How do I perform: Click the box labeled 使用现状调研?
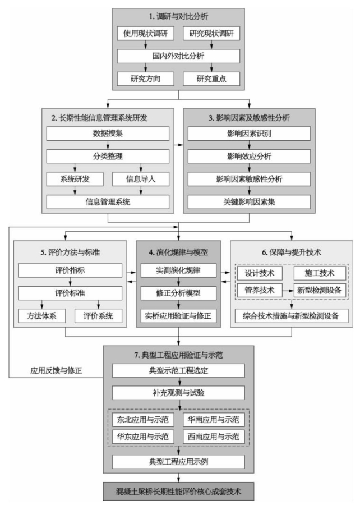coord(145,33)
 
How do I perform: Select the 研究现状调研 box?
coord(211,33)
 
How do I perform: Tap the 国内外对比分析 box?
coord(178,56)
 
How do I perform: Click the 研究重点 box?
coord(211,79)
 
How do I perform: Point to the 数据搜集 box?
coord(108,134)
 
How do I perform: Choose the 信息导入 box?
coord(141,179)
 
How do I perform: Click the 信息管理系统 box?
coord(108,202)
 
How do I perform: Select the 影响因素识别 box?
coord(250,134)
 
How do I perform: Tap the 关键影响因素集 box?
coord(250,202)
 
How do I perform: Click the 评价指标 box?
coord(70,270)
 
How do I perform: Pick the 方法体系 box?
coord(42,316)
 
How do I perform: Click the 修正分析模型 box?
coord(178,293)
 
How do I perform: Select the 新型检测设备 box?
coord(320,290)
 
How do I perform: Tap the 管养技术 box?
coord(260,290)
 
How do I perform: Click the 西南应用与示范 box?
coord(214,437)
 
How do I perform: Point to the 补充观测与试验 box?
coord(178,393)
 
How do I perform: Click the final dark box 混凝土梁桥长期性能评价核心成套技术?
coord(178,492)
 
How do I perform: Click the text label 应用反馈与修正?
coord(56,371)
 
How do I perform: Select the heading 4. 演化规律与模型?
coord(178,252)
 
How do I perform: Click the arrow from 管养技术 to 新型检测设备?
coord(288,291)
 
